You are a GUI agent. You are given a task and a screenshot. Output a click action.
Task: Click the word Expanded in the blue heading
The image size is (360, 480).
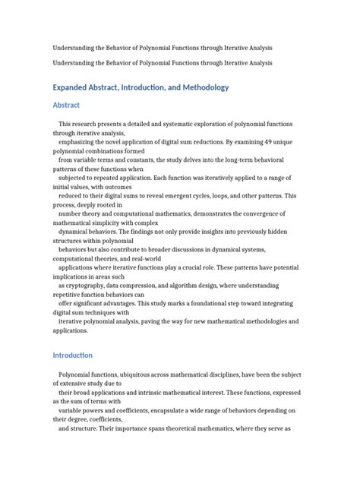[75, 88]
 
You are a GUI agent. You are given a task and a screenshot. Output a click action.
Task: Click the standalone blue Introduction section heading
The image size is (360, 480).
[72, 355]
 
